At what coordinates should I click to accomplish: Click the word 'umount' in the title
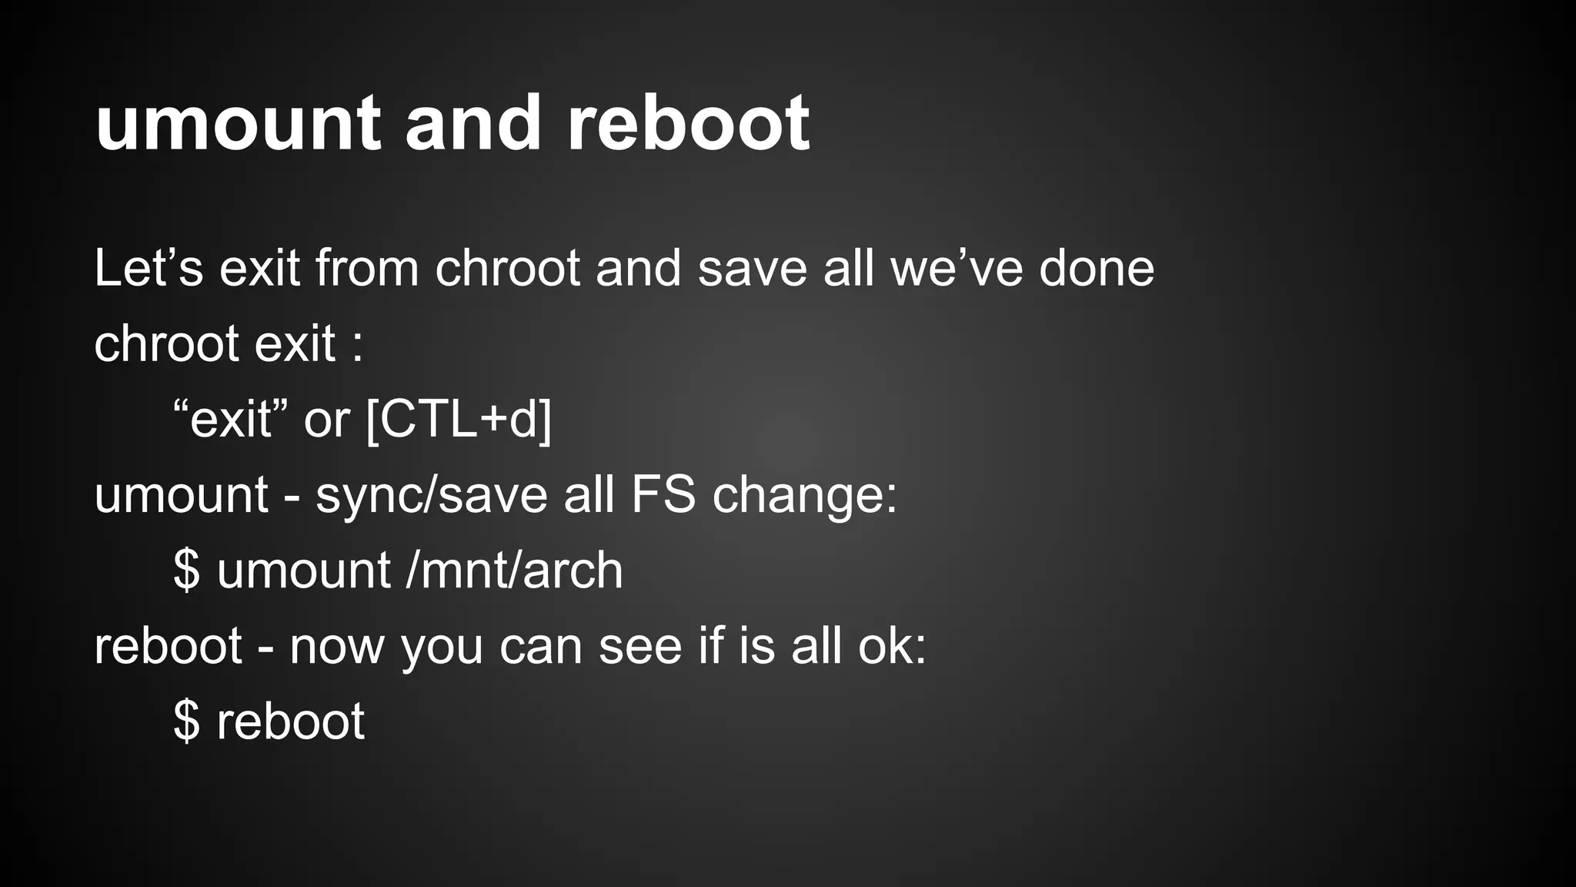click(x=238, y=123)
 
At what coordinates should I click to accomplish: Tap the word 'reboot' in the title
click(x=688, y=123)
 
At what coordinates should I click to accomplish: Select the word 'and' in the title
click(x=473, y=123)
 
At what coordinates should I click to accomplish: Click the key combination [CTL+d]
click(x=459, y=420)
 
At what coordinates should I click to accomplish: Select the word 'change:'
click(x=805, y=494)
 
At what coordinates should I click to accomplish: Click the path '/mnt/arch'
click(x=514, y=570)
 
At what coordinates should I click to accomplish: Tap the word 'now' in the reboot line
click(x=336, y=647)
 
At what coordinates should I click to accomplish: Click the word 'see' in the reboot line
click(x=640, y=647)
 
